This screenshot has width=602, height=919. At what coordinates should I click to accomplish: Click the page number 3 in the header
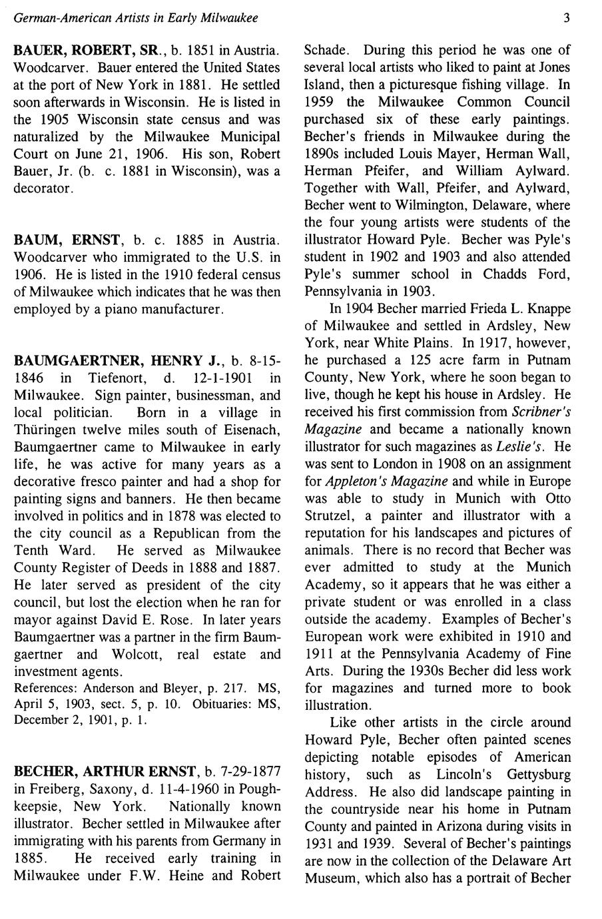tap(565, 18)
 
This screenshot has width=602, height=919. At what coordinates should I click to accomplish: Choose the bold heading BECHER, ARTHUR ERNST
tap(105, 772)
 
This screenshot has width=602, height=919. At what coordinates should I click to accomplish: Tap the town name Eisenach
tap(249, 430)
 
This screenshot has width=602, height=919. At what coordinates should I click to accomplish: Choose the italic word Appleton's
tap(358, 481)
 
